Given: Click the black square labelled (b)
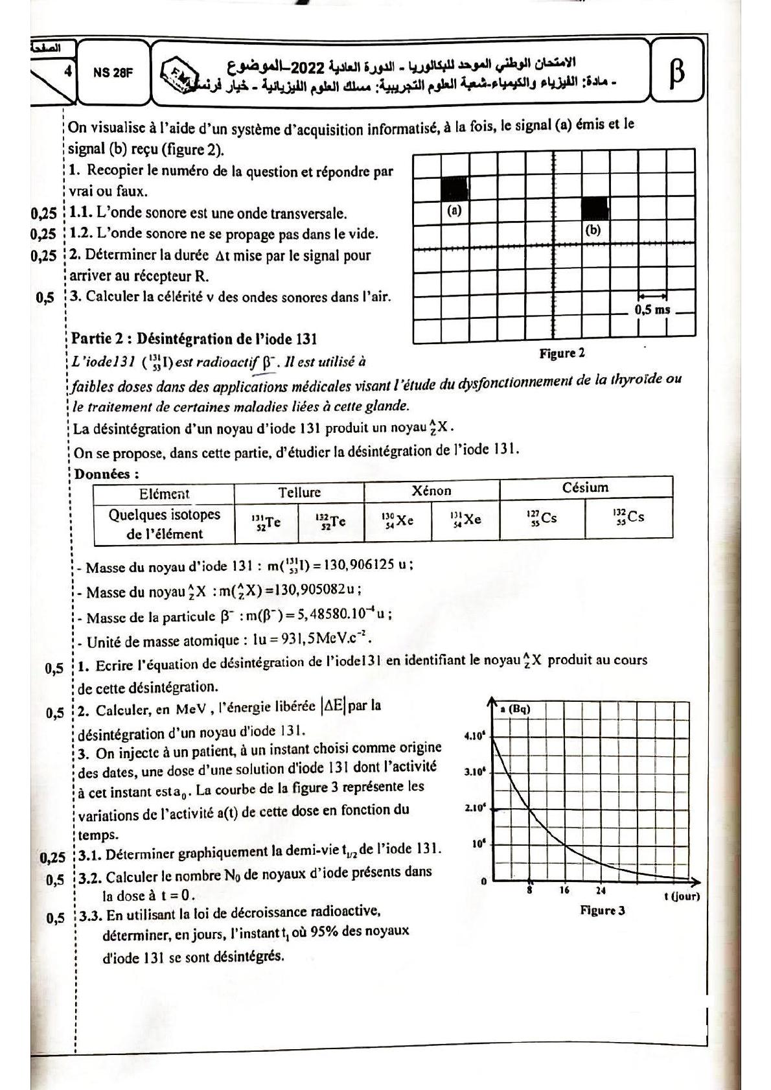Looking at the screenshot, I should coord(594,209).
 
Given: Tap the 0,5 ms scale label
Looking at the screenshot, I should coord(652,309).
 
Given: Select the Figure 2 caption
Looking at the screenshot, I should coord(562,353).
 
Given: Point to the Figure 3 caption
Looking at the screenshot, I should coord(602,910).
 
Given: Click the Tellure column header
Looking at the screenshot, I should coord(299,492).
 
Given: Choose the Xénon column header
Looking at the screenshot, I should coord(432,491).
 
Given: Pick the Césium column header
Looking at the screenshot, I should coord(585,487).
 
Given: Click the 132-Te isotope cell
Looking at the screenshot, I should coord(330,521).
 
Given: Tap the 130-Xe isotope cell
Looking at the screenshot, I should coord(398,520).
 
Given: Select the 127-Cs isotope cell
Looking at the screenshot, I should coord(542,518).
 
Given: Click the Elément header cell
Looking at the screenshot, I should coord(164,494).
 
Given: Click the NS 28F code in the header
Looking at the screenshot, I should coord(113,73).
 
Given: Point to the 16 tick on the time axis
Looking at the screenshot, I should coord(564,890).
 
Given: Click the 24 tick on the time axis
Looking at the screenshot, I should coord(601,890).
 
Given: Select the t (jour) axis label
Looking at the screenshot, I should coord(681,896).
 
